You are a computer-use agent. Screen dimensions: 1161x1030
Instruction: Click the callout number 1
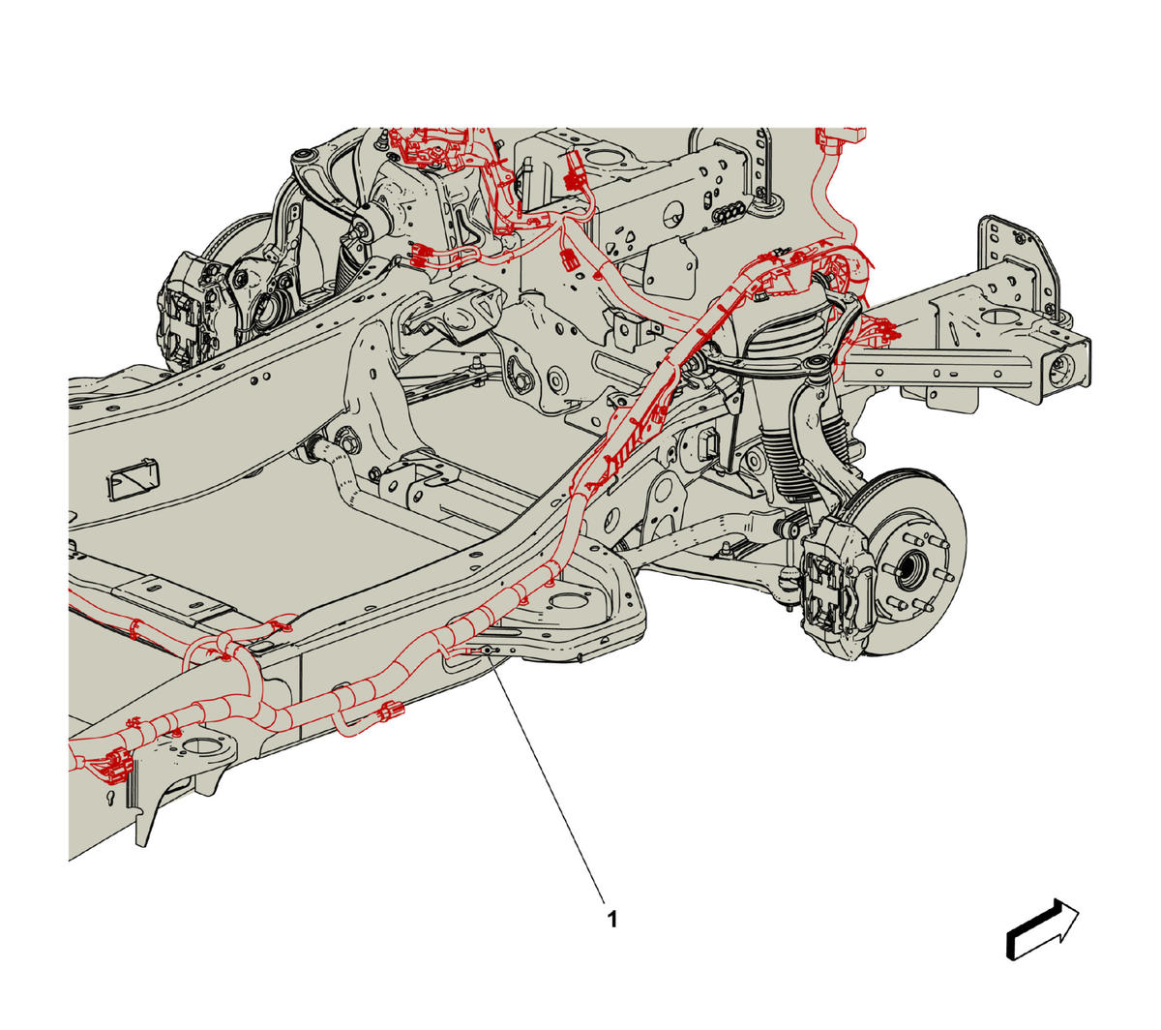click(612, 920)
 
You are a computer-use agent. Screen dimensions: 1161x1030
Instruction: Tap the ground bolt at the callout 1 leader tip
click(487, 650)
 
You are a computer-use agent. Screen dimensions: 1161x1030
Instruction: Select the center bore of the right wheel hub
click(908, 570)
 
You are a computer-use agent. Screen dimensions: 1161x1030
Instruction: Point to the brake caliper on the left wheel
click(188, 311)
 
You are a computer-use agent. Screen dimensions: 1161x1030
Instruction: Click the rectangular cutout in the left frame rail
click(134, 477)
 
